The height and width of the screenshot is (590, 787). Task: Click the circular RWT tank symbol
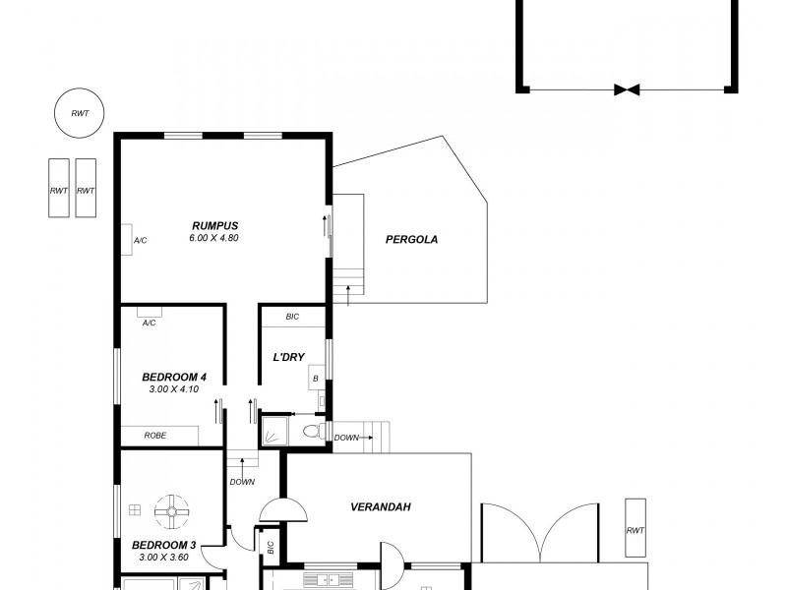(79, 114)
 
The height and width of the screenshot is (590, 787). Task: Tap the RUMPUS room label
(214, 225)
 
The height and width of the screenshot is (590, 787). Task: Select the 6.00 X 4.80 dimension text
(214, 238)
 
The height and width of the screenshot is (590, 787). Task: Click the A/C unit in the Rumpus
(127, 239)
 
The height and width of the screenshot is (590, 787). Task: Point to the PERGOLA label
(411, 239)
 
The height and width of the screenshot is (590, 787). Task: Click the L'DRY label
(288, 357)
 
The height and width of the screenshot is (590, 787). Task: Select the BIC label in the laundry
(292, 317)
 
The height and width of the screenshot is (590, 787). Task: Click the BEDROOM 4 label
(174, 377)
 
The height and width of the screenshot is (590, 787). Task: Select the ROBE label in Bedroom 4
(154, 435)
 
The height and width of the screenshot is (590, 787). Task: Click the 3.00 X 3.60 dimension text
(164, 558)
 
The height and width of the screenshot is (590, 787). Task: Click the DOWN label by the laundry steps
(346, 438)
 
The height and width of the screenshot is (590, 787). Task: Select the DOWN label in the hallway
(242, 482)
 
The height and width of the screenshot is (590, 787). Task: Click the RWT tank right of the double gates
(636, 531)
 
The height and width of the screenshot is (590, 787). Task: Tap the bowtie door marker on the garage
(627, 89)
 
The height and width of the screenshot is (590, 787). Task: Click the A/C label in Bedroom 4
(150, 323)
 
